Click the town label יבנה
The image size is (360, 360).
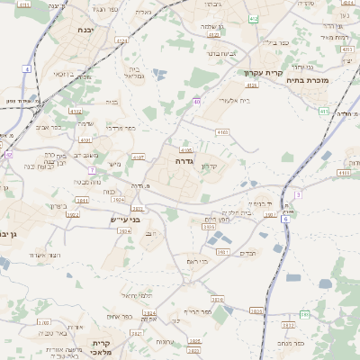pyautogui.click(x=85, y=30)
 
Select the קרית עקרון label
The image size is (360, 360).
pyautogui.click(x=262, y=73)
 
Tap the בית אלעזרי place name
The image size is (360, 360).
pyautogui.click(x=233, y=103)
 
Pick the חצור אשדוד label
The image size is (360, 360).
pyautogui.click(x=44, y=256)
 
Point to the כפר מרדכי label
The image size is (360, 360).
pyautogui.click(x=120, y=129)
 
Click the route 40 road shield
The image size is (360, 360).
pyautogui.click(x=196, y=103)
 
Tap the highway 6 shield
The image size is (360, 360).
pyautogui.click(x=285, y=219)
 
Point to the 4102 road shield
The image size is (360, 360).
pyautogui.click(x=76, y=112)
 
